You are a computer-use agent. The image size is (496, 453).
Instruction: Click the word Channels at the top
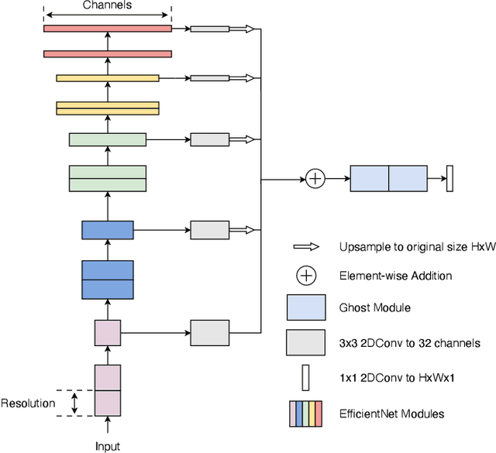pos(107,5)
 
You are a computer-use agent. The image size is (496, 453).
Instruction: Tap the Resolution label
pos(28,403)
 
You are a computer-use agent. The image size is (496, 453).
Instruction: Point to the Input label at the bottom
pos(108,446)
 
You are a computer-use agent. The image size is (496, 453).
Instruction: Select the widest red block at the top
pos(107,29)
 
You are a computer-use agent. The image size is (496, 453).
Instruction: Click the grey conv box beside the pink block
pos(210,333)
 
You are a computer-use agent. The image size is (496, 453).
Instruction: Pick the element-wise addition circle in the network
pos(315,179)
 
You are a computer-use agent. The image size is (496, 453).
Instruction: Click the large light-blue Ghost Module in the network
pos(388,179)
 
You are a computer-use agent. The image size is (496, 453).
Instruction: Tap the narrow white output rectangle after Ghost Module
pos(449,179)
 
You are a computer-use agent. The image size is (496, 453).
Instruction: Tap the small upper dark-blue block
pos(108,230)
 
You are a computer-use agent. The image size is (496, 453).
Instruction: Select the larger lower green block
pos(108,178)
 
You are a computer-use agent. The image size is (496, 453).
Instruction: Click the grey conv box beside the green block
pos(210,140)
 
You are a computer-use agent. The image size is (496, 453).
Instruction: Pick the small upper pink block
pos(108,333)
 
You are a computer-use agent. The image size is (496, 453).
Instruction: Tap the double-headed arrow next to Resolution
pos(74,403)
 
